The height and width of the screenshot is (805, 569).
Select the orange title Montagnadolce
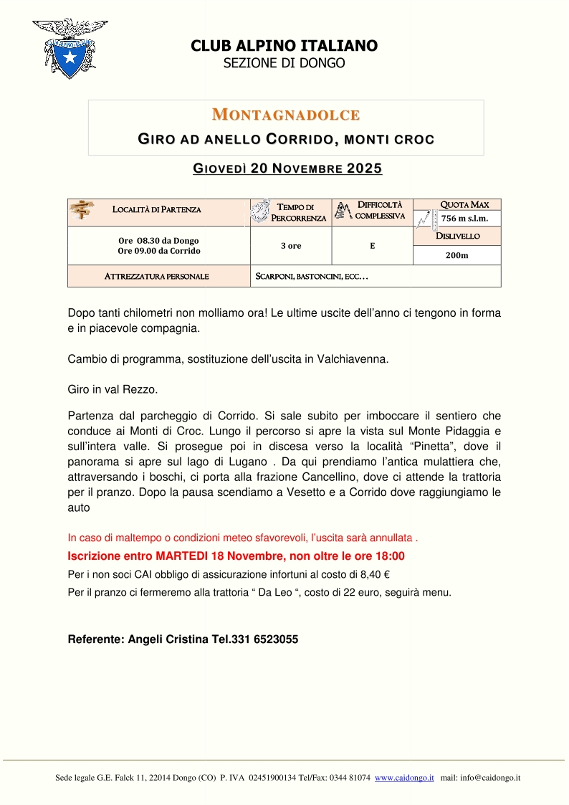pos(285,115)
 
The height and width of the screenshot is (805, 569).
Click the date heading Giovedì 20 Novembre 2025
pos(287,169)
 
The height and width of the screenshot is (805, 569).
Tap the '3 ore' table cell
pos(291,246)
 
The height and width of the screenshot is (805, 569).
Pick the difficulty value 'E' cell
pos(373,246)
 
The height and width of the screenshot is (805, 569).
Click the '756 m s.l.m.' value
pos(464,219)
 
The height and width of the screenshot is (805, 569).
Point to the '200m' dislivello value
pos(457,255)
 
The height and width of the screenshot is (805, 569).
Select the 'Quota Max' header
pos(464,205)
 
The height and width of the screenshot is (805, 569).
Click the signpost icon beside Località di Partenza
pos(82,210)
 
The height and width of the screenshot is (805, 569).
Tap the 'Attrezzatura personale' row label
pos(157,276)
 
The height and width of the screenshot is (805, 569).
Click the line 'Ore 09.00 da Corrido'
pos(159,251)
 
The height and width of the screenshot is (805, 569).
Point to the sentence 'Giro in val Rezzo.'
pos(112,390)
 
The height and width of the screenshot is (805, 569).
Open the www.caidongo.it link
pos(404,778)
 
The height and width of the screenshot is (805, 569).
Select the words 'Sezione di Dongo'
pos(284,63)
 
